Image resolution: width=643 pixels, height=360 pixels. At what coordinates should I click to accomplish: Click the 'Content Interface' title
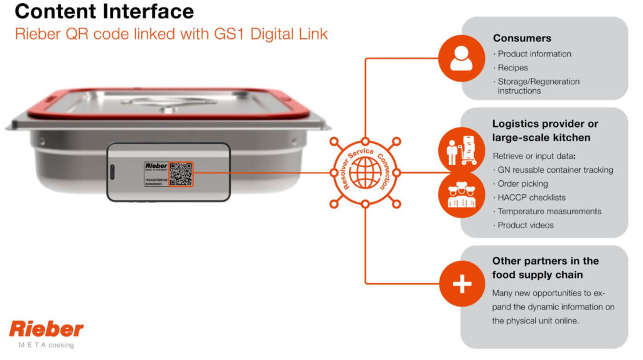click(104, 12)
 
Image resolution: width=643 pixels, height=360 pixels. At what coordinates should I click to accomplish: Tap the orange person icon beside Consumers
click(462, 58)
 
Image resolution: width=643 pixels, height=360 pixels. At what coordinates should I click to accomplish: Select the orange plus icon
click(462, 283)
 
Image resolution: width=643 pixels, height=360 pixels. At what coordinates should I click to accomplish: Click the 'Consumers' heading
click(522, 38)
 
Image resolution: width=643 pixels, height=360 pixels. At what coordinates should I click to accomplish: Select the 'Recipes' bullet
click(512, 68)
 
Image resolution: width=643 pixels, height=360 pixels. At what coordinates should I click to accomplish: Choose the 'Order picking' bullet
click(522, 183)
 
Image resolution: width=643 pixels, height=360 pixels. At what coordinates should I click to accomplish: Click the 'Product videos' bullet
click(526, 225)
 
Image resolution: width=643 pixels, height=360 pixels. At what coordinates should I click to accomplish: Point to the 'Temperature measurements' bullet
click(549, 211)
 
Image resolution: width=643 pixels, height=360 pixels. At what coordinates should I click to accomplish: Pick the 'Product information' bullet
click(534, 54)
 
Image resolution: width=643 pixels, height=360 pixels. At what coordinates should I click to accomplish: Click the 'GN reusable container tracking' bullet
click(555, 170)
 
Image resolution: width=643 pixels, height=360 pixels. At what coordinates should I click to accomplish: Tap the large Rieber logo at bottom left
click(46, 329)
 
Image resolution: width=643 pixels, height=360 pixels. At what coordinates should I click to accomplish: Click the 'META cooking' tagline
click(46, 345)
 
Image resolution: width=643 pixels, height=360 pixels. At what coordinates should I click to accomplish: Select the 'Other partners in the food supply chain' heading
click(545, 268)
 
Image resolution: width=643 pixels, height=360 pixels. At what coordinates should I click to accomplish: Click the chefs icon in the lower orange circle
click(462, 195)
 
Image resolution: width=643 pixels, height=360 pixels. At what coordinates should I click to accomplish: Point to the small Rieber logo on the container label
click(156, 166)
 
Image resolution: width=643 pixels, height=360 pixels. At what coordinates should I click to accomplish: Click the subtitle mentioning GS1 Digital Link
click(171, 34)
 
